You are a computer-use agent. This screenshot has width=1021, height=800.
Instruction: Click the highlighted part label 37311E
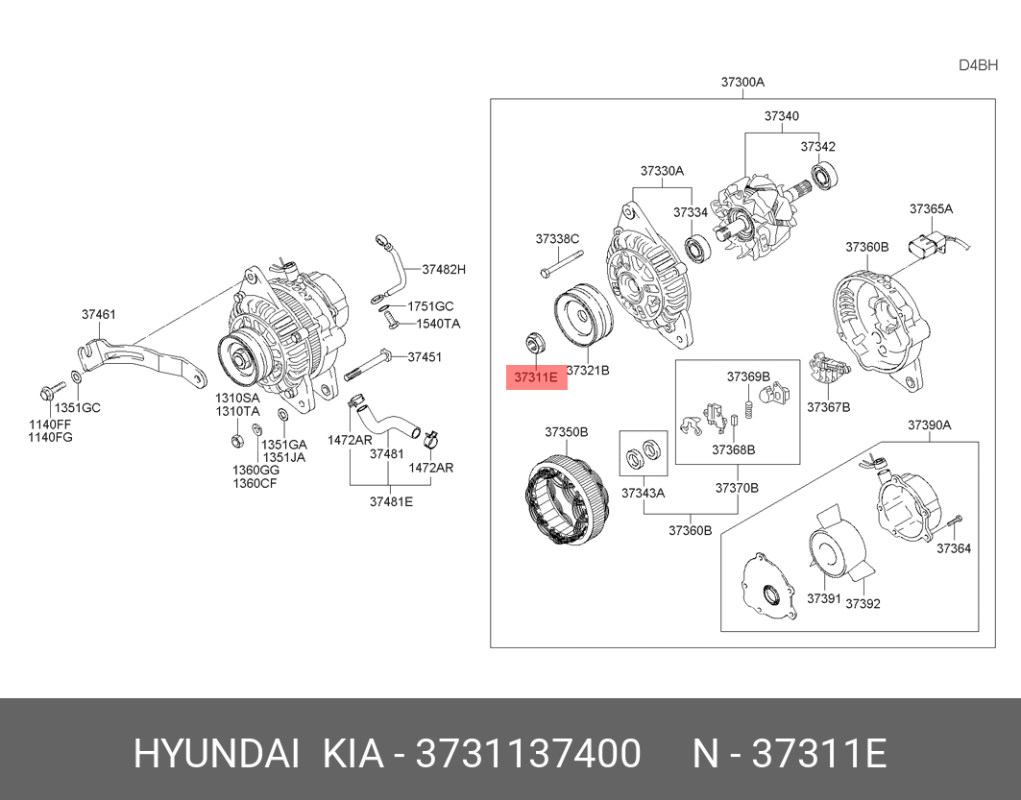(x=537, y=377)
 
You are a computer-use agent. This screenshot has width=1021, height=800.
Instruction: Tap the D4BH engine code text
(x=979, y=65)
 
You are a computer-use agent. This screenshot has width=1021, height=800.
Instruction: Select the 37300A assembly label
(x=742, y=83)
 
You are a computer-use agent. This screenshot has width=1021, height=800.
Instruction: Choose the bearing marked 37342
(x=825, y=177)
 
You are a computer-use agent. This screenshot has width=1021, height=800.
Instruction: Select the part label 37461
(x=99, y=314)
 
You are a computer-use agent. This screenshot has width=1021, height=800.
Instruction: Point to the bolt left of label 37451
(x=370, y=362)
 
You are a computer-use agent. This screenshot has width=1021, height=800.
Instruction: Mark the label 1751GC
(x=428, y=306)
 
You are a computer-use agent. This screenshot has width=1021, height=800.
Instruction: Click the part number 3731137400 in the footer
(x=527, y=755)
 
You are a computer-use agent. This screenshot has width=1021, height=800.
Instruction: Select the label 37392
(x=863, y=603)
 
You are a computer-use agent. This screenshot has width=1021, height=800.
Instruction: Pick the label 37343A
(x=643, y=493)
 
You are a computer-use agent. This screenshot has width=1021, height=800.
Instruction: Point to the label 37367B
(x=828, y=406)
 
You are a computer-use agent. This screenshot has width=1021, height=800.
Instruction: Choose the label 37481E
(x=391, y=500)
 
